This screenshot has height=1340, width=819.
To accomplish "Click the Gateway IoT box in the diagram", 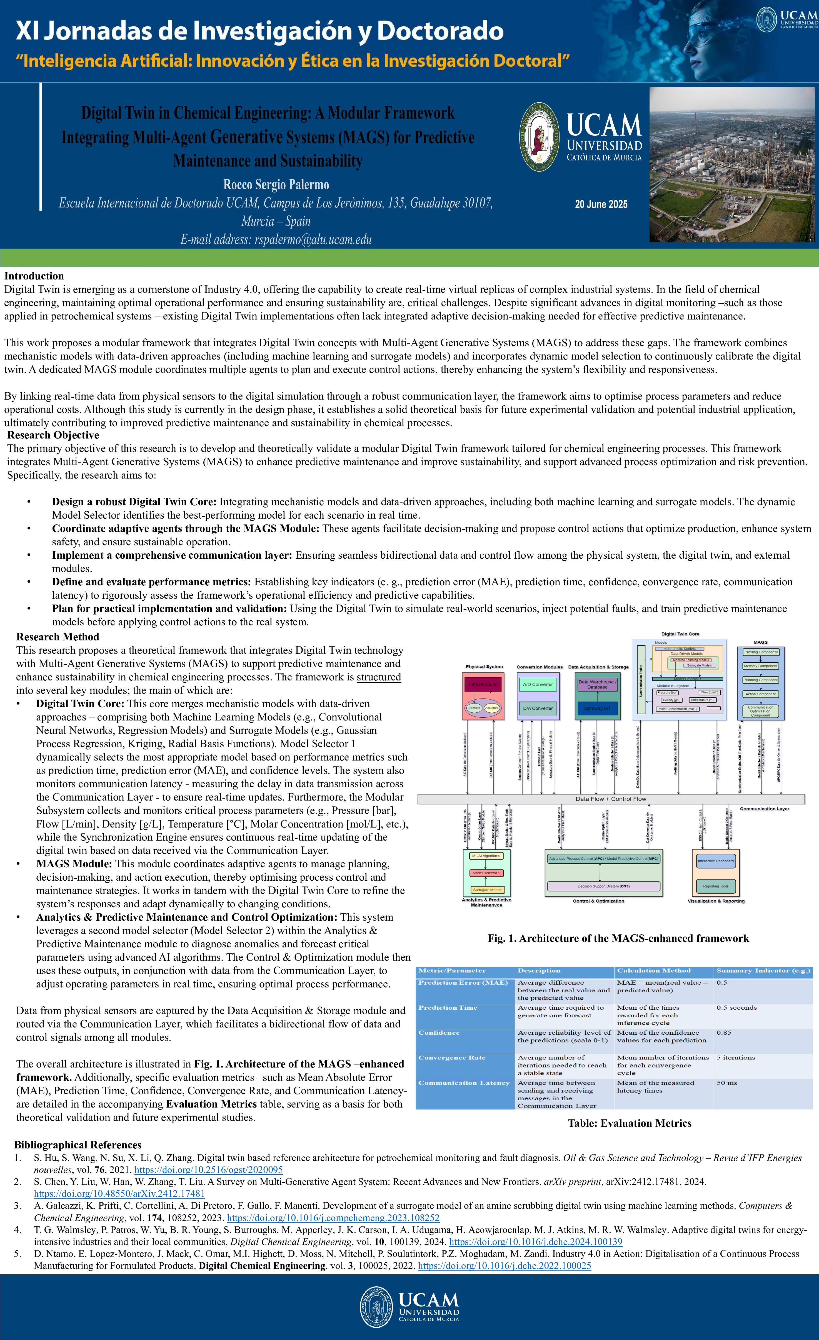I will tap(597, 708).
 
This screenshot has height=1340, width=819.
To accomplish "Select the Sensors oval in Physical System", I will tap(474, 707).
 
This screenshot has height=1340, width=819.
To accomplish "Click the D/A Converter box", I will tap(538, 708).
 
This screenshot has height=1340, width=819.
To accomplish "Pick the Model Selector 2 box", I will tap(486, 873).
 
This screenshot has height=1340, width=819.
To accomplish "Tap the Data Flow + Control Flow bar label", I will tap(611, 799).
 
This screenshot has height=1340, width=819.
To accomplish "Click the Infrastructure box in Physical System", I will tap(483, 684).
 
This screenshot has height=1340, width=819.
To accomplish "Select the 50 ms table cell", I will tap(726, 1083).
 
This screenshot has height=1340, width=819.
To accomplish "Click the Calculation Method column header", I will tap(654, 971).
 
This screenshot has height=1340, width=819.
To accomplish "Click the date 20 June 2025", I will tap(601, 204).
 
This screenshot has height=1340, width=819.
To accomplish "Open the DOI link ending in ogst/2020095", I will tap(209, 1169).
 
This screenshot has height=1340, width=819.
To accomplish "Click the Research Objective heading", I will tap(53, 435).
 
